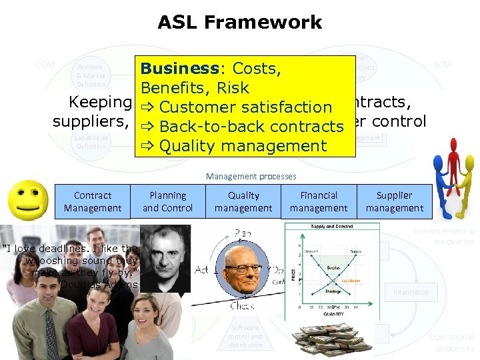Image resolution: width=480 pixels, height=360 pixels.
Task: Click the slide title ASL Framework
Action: [x=240, y=23]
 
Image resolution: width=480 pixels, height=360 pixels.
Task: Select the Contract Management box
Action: [x=93, y=201]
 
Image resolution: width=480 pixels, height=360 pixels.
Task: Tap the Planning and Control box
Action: [x=168, y=201]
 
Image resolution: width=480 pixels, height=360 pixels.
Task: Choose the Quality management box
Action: [x=243, y=201]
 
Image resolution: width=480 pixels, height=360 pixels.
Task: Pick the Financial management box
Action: [x=319, y=201]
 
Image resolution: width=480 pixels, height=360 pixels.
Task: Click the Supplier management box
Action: [x=394, y=201]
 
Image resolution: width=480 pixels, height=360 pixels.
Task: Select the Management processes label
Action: [x=250, y=177]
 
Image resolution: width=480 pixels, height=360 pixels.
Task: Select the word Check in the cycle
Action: [x=241, y=306]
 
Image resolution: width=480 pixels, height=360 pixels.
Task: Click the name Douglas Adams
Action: [x=99, y=285]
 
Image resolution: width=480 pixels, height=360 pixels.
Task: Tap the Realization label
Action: [x=410, y=292]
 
